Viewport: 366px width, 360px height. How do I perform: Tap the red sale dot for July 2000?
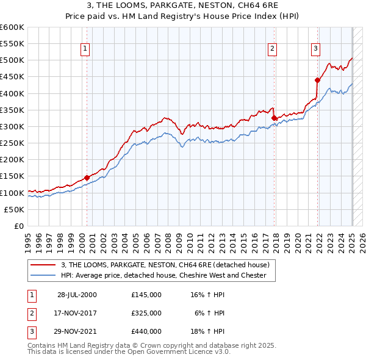(x=87, y=178)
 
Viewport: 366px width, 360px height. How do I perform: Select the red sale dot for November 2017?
(x=274, y=118)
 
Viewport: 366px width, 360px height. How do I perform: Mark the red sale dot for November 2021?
(x=318, y=80)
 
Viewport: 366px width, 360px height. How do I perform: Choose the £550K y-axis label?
(x=12, y=44)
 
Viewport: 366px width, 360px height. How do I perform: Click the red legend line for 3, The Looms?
(x=43, y=265)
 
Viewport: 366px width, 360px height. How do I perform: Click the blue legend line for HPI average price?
(x=43, y=275)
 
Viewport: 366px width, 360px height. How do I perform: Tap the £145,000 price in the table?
(x=146, y=294)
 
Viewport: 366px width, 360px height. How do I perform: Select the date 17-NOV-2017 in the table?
(x=77, y=313)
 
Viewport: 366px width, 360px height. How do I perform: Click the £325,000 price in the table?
(x=146, y=313)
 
